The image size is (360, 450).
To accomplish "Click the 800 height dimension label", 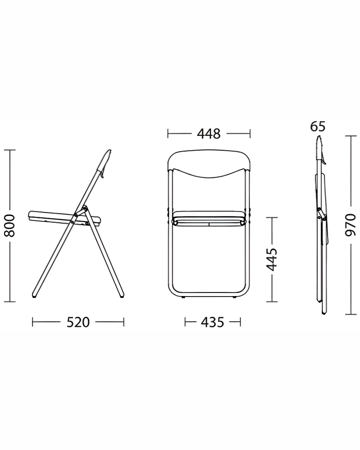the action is coord(10,225).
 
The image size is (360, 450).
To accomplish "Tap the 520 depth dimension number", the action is coord(78,322).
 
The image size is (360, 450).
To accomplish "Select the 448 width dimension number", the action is coord(209,134).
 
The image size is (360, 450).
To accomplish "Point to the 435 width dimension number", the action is coord(212,322).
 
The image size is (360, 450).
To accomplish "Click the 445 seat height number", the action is coord(272,260).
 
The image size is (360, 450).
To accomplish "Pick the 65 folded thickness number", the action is coord(318,126).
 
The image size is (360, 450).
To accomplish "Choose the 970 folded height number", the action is coord(350,225).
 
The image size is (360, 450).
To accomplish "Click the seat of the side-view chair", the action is coord(65,219).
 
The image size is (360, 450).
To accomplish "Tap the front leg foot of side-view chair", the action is coord(35,295).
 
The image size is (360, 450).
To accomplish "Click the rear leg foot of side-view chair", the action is coord(121,294).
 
